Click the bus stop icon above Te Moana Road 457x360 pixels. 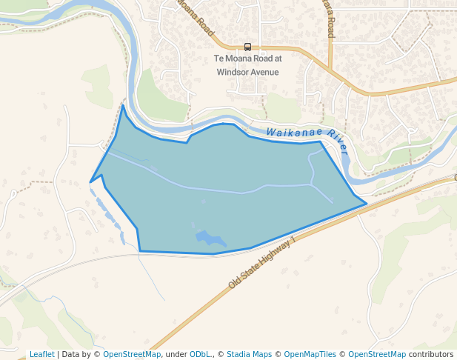[x=247, y=47]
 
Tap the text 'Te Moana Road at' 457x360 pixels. [x=247, y=59]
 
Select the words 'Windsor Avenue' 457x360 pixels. [x=247, y=72]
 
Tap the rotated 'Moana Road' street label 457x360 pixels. [x=195, y=18]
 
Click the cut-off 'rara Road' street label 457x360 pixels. [x=330, y=19]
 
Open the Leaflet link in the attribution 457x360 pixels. [x=41, y=354]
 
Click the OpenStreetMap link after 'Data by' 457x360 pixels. [x=132, y=354]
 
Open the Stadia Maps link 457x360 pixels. [x=249, y=354]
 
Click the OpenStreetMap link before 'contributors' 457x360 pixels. [x=377, y=354]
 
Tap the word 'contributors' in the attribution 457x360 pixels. [x=430, y=354]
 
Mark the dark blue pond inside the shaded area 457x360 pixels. [x=210, y=239]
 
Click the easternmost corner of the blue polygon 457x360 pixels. [x=367, y=204]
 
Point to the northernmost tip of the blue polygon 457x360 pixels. [x=123, y=106]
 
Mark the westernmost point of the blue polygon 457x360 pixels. [x=90, y=181]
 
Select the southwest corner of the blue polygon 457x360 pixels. [x=139, y=251]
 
